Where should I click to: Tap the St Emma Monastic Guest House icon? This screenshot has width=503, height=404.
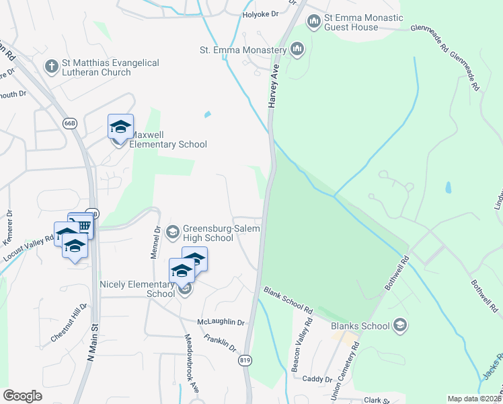pos(313,22)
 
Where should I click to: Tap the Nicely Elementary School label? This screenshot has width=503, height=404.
pos(137,289)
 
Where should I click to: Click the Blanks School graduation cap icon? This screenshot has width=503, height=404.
pos(399,326)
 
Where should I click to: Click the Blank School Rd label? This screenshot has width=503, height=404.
pos(288,301)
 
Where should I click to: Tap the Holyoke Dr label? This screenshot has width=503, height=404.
pos(260,14)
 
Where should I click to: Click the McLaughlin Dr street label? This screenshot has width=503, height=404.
pos(221,323)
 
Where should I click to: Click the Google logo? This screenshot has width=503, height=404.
pos(22,396)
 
